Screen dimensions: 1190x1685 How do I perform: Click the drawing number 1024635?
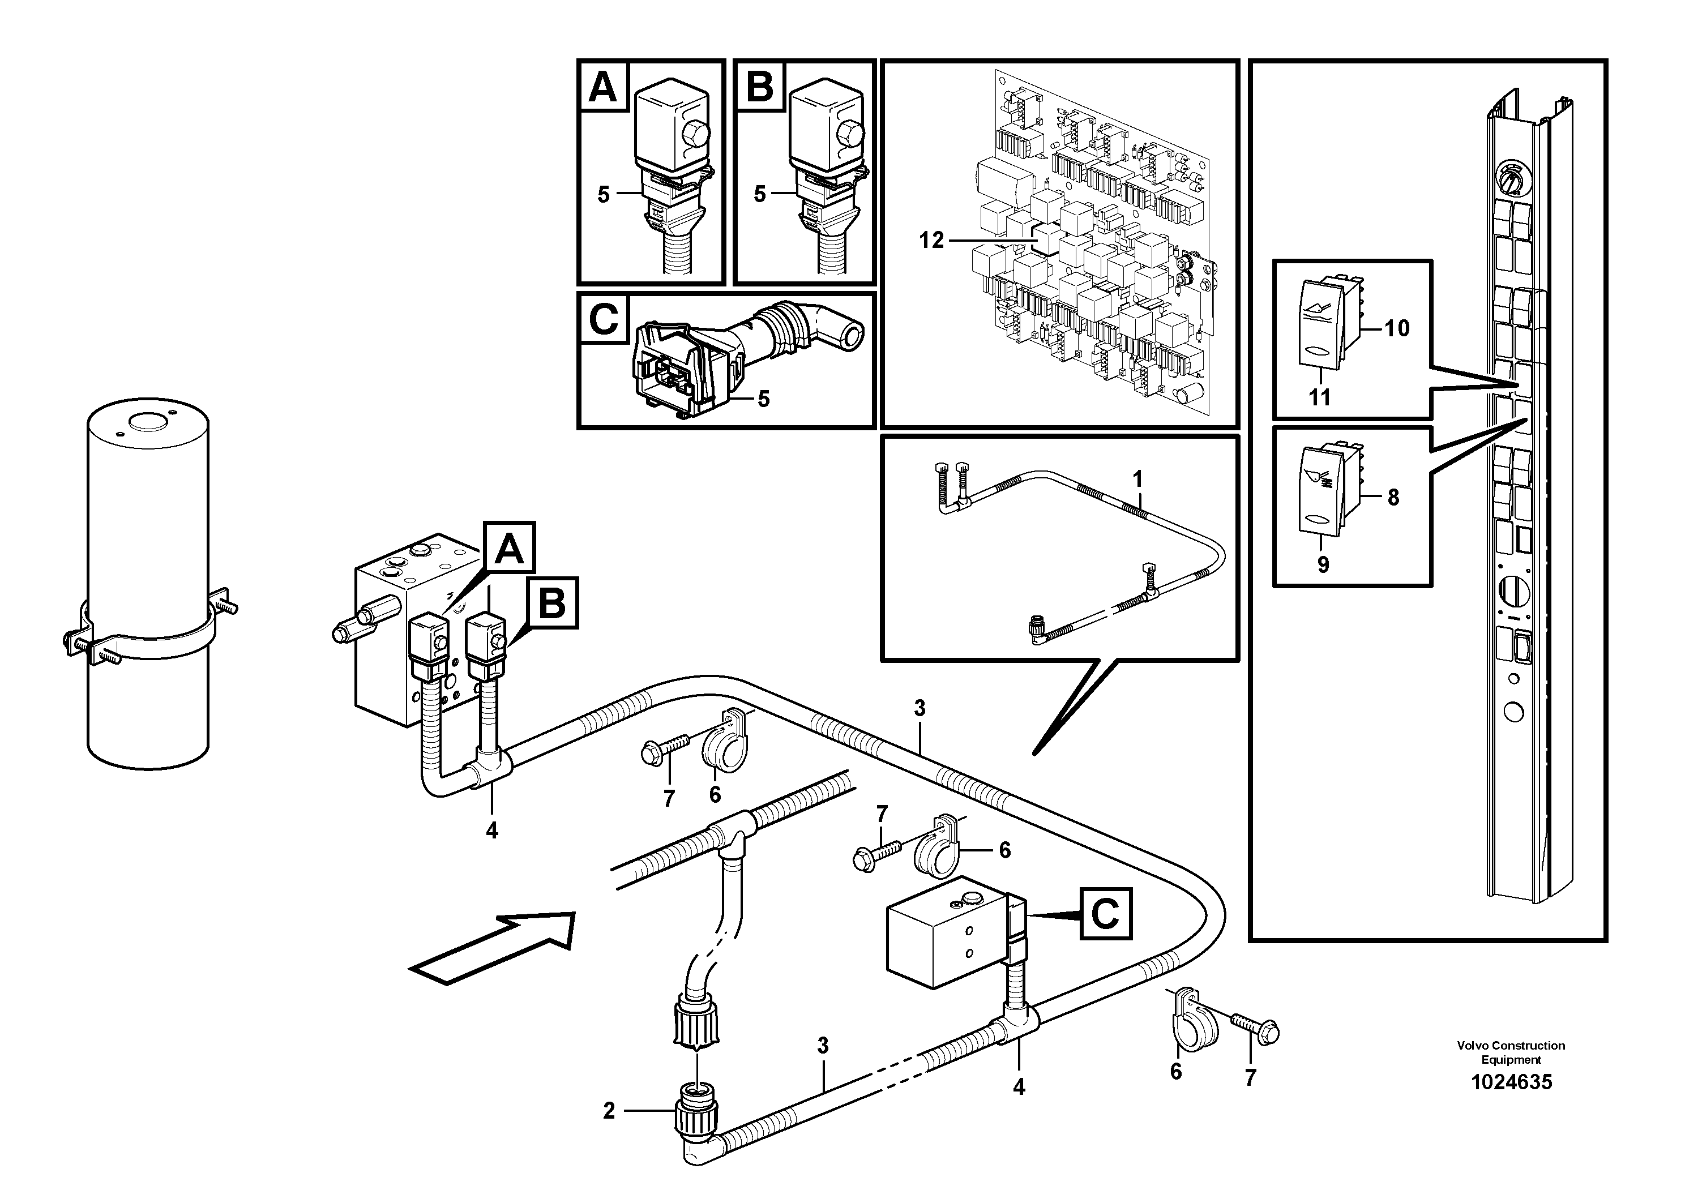pyautogui.click(x=1511, y=1082)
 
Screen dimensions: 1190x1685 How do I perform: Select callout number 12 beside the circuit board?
pyautogui.click(x=931, y=240)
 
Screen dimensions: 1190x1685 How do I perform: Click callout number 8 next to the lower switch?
pyautogui.click(x=1393, y=498)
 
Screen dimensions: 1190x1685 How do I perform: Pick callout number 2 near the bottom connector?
pyautogui.click(x=609, y=1111)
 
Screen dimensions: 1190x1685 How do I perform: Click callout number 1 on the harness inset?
pyautogui.click(x=1137, y=480)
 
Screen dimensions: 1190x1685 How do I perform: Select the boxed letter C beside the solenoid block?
pyautogui.click(x=1105, y=913)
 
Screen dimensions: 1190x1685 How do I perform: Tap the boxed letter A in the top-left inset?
pyautogui.click(x=603, y=87)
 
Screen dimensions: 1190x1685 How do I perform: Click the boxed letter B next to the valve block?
pyautogui.click(x=552, y=603)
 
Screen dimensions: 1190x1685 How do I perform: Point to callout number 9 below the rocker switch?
pyautogui.click(x=1323, y=565)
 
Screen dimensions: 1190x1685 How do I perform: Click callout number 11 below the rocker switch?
pyautogui.click(x=1320, y=397)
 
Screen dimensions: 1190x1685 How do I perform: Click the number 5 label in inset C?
pyautogui.click(x=763, y=399)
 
